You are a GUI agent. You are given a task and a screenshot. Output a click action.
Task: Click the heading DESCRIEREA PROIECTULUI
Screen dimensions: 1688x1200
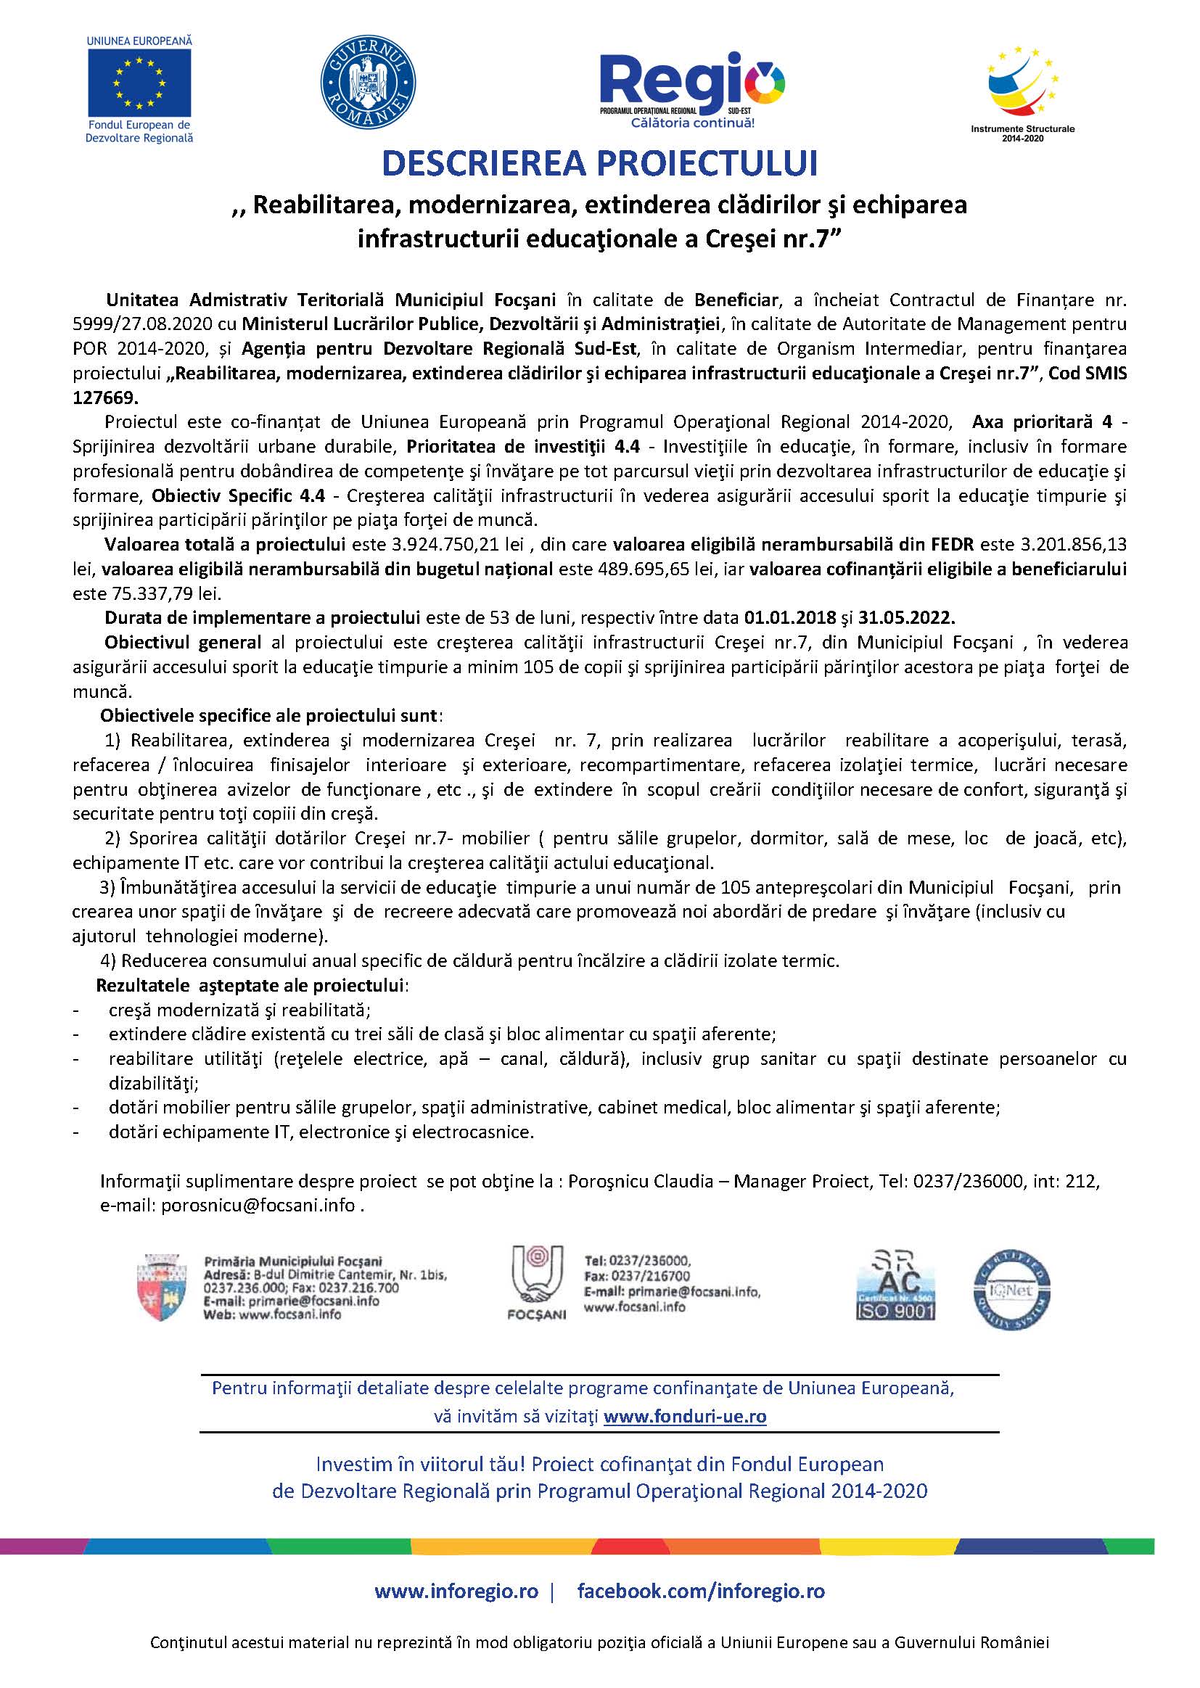[599, 164]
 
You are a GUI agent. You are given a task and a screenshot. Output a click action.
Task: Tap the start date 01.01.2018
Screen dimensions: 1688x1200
[790, 617]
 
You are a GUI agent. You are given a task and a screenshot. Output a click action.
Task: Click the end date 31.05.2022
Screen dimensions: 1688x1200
[912, 617]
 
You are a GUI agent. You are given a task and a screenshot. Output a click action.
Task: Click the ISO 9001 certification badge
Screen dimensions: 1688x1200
[895, 1288]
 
